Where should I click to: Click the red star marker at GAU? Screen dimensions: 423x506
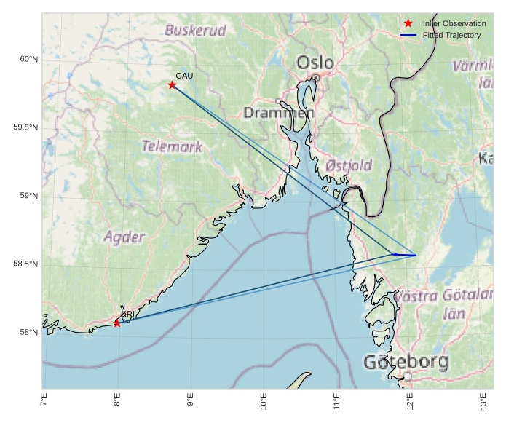(x=173, y=85)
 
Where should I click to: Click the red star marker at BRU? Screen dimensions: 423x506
(x=117, y=323)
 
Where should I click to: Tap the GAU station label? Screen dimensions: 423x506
(x=184, y=76)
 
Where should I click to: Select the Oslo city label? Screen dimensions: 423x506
(x=315, y=63)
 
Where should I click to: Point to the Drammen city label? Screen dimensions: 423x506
(x=278, y=113)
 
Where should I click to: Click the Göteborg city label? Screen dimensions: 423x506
(x=406, y=362)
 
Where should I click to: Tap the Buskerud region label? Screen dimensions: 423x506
(x=195, y=31)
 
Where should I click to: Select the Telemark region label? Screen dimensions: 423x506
(x=172, y=146)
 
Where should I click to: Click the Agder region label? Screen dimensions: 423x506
(x=124, y=237)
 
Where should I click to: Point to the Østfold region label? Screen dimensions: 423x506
(x=349, y=165)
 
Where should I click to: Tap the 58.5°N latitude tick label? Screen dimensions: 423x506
(x=25, y=264)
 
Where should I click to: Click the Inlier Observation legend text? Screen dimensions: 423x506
(x=454, y=24)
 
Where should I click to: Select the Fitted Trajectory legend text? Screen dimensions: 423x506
(x=451, y=35)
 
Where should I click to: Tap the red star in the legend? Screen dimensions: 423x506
(x=408, y=24)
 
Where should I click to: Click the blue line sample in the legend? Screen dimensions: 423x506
(x=408, y=35)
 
